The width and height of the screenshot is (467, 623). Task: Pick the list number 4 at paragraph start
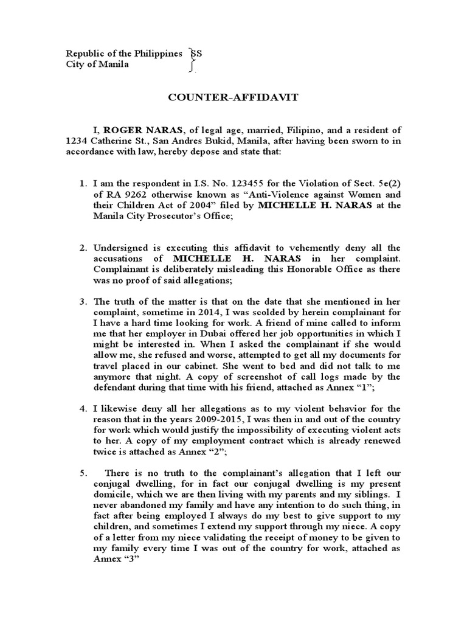click(84, 407)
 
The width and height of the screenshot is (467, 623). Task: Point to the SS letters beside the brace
click(196, 54)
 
